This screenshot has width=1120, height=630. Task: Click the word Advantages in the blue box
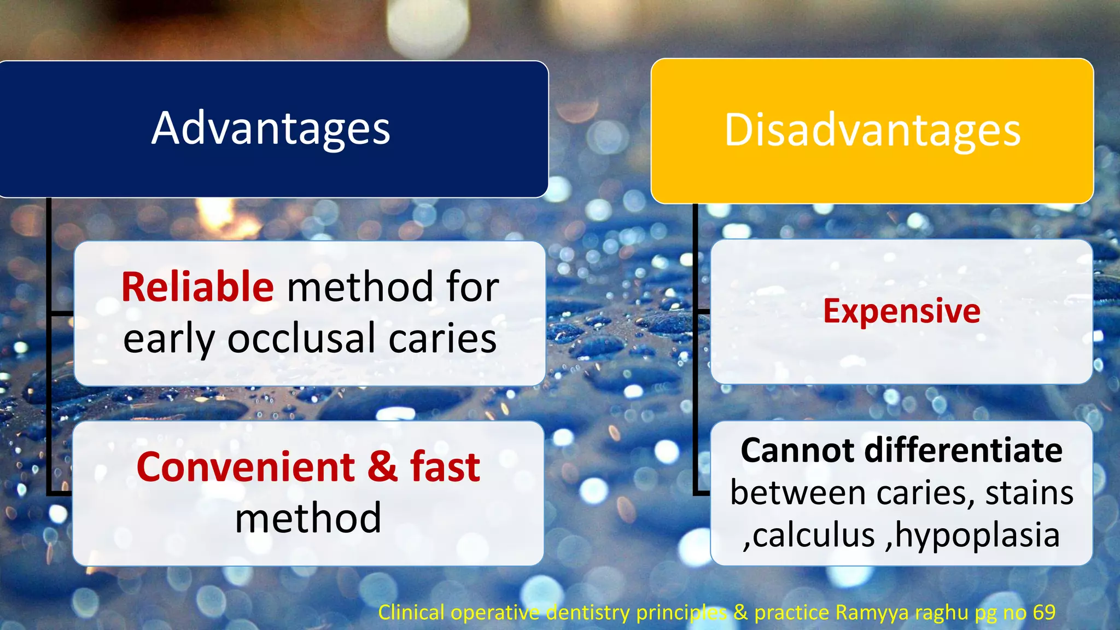(x=271, y=129)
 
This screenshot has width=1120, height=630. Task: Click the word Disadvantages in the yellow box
(x=872, y=131)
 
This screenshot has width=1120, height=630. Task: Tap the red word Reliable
(x=197, y=287)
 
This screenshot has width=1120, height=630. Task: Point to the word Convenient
(x=246, y=468)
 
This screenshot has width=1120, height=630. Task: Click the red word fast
(x=445, y=468)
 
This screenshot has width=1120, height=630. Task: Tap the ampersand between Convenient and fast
(x=382, y=468)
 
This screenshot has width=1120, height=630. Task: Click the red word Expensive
(x=901, y=311)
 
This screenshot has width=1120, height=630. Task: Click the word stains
(x=1029, y=493)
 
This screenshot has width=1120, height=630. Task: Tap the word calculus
(x=814, y=535)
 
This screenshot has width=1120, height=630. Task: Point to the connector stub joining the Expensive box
(x=703, y=311)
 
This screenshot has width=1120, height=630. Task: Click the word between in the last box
(x=800, y=493)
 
